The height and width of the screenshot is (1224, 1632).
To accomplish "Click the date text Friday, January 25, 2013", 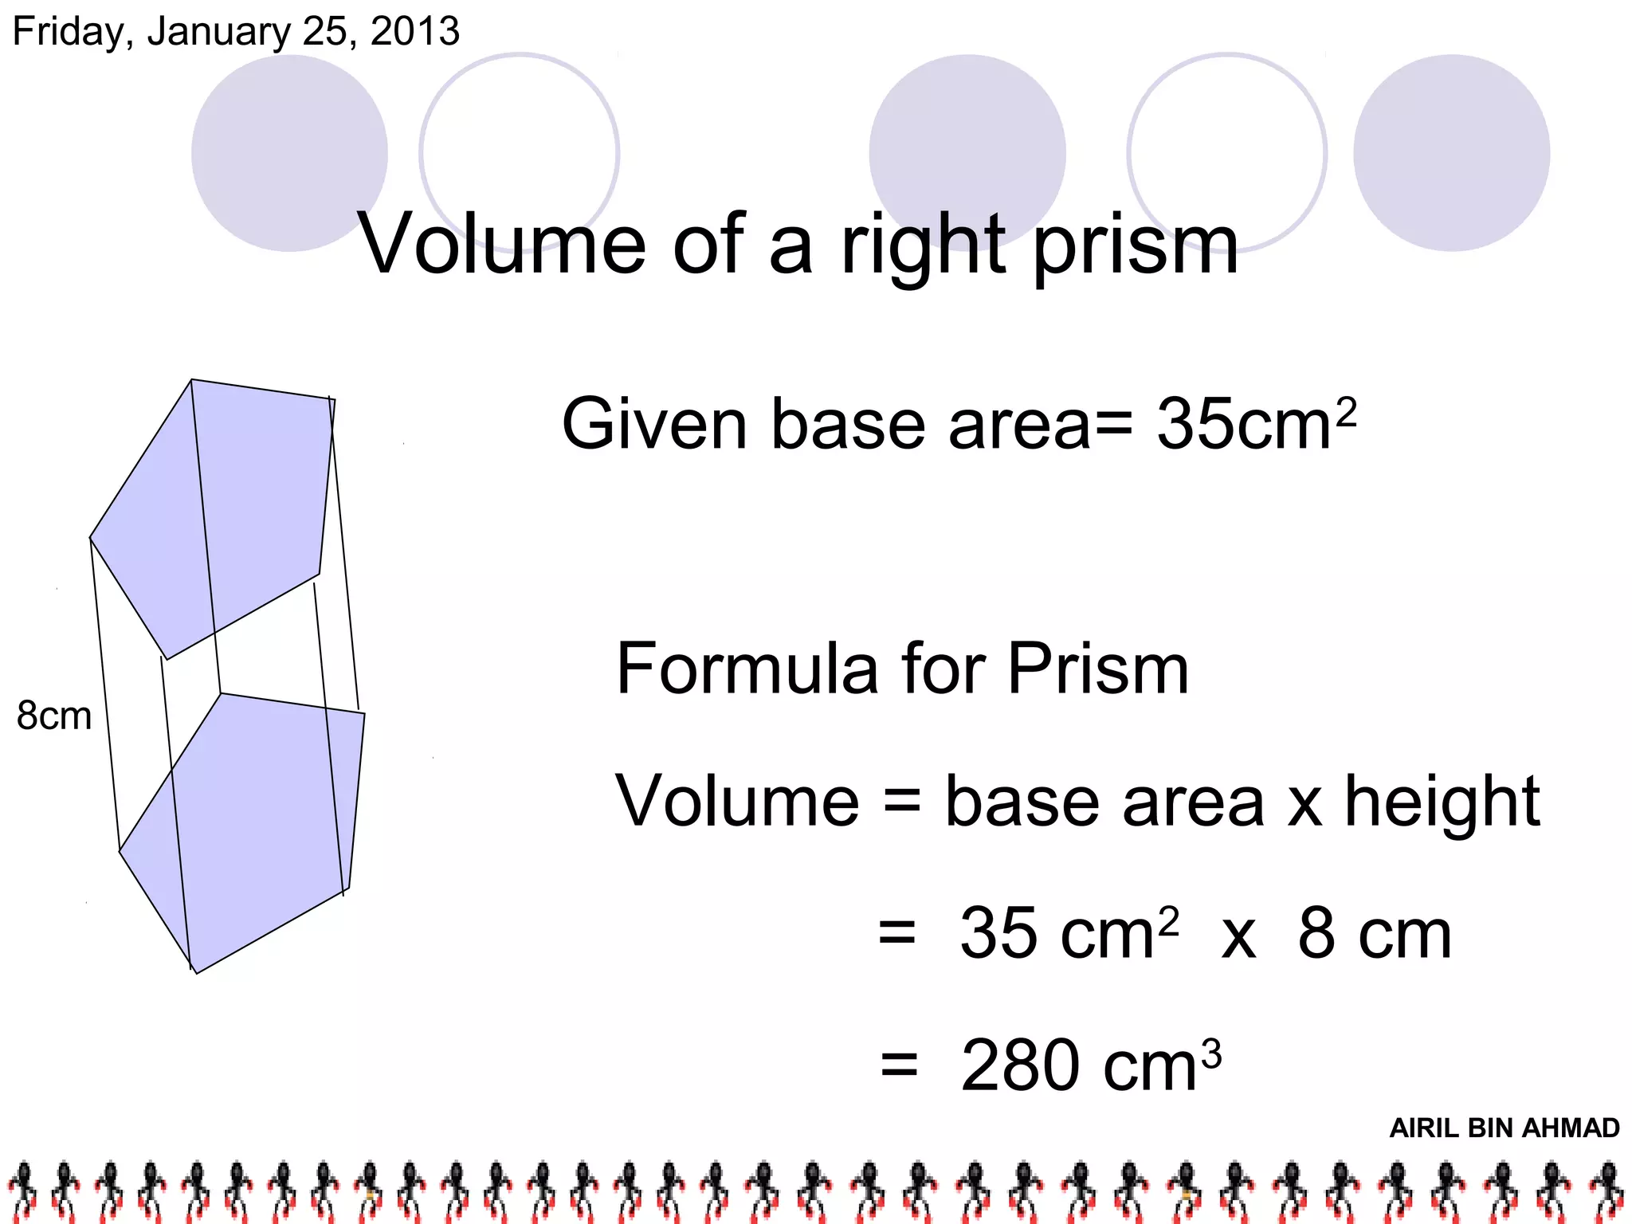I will point(236,32).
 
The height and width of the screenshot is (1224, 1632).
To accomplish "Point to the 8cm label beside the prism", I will point(54,716).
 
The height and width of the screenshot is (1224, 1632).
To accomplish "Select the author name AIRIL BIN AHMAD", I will point(1504,1128).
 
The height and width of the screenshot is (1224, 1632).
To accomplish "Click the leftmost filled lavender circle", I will point(289,153).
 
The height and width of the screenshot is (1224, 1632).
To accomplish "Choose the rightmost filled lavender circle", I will point(1451,153).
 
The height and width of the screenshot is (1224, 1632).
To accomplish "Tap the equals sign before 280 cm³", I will point(900,1065).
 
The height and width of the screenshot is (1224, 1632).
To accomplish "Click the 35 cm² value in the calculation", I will point(1068,934).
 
